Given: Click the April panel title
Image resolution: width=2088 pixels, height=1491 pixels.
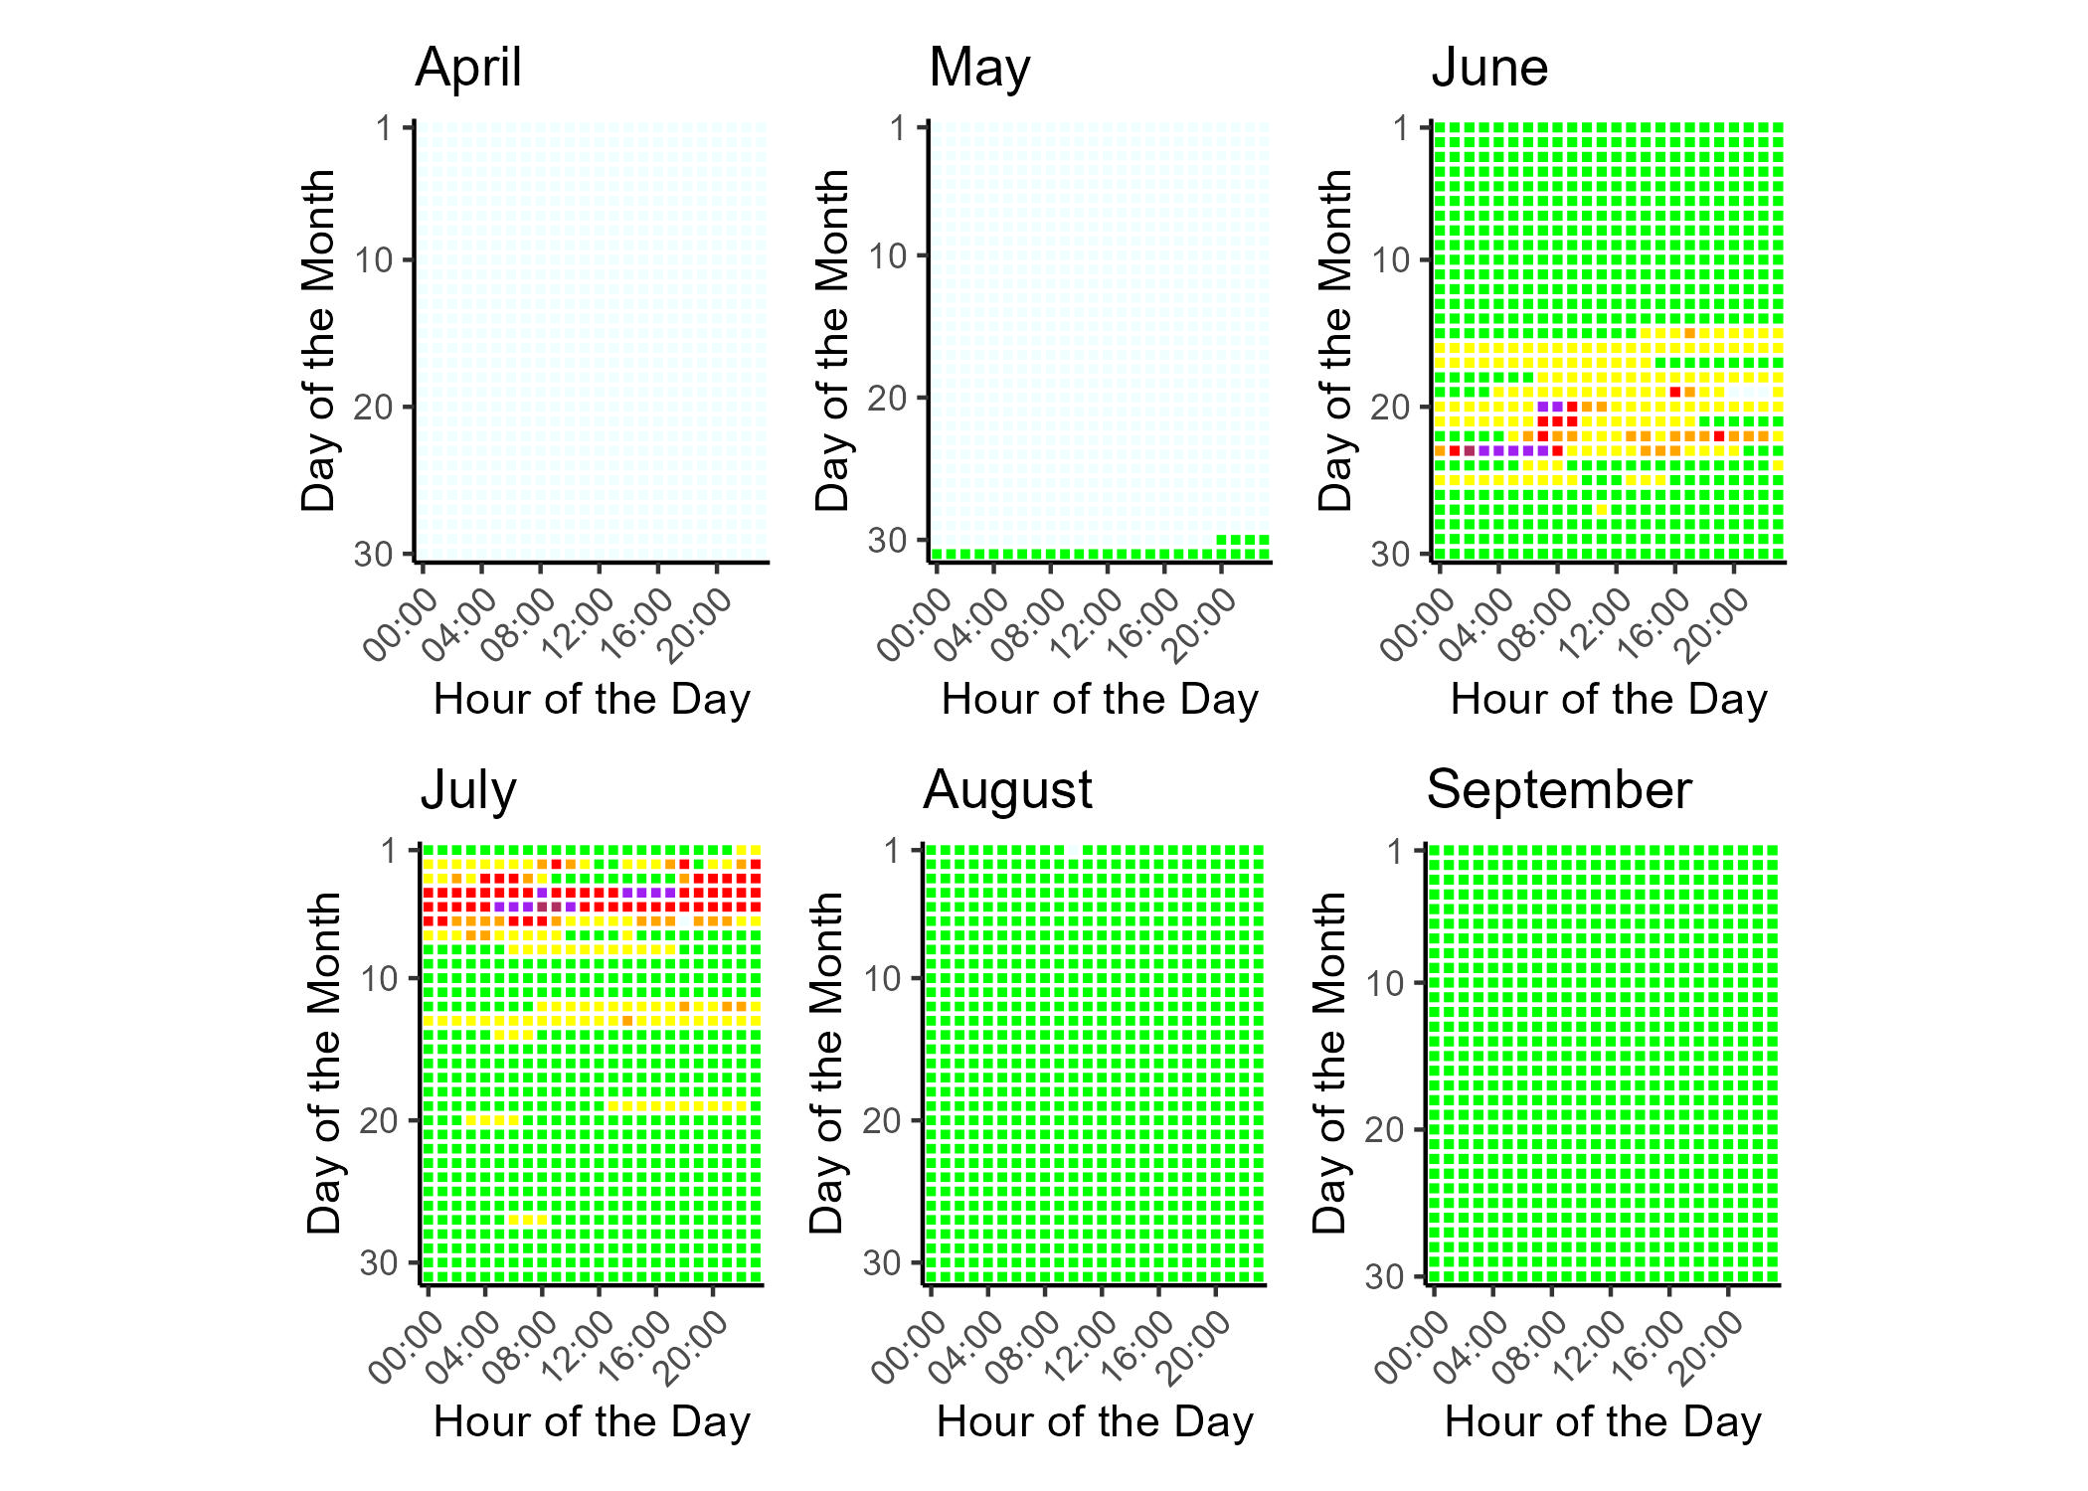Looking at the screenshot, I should pos(468,68).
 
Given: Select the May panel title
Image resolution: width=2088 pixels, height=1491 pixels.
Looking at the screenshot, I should pos(979,68).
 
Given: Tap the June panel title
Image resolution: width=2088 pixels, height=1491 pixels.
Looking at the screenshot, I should pos(1489,68).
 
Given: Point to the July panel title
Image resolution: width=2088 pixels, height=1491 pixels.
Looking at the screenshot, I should pos(468,790).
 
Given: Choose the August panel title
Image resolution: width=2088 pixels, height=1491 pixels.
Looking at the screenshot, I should pos(1007,790).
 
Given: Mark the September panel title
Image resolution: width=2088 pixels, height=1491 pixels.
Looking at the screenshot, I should pos(1559,790).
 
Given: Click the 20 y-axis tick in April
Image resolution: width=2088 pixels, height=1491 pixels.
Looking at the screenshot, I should pos(375,407).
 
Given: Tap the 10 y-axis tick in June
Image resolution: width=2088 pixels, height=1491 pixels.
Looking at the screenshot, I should pos(1392,260).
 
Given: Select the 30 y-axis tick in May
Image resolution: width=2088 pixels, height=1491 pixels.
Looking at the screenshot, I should pos(888,540).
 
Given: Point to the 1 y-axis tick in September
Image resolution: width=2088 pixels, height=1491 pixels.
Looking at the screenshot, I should pos(1397,852).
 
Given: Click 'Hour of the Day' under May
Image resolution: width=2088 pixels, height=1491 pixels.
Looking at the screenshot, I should pos(1100,700).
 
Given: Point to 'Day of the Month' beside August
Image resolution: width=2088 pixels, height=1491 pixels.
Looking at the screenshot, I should pos(826,1064).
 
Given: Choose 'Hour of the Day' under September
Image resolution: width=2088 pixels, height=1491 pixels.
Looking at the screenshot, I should pos(1603,1421).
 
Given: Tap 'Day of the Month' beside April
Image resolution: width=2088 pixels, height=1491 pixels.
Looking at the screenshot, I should pos(318,341).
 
